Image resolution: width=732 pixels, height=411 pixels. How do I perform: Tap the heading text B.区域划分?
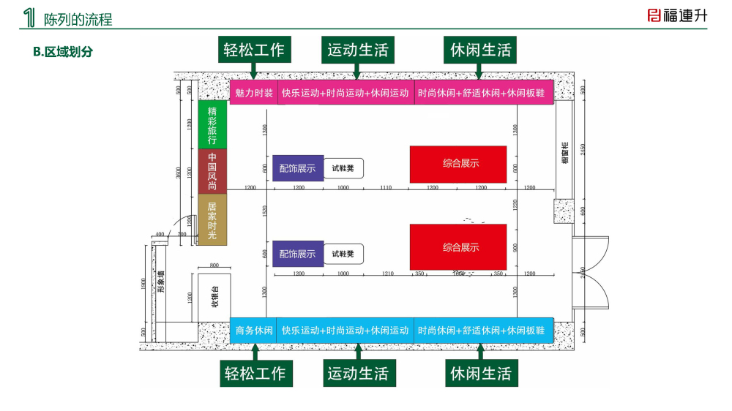click(x=63, y=52)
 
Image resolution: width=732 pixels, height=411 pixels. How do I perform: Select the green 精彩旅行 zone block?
click(x=212, y=125)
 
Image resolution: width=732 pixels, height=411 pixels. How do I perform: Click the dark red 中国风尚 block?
click(x=212, y=171)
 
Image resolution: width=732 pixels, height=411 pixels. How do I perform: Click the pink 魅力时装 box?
click(x=253, y=93)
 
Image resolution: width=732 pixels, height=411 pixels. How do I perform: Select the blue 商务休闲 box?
click(x=253, y=331)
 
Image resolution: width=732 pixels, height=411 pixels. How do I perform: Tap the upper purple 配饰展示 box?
click(x=298, y=168)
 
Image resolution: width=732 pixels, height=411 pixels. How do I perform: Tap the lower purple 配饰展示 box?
click(x=298, y=254)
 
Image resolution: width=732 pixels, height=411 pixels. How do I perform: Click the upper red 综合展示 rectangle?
click(x=458, y=164)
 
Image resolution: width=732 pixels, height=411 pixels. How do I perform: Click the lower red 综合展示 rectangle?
click(x=458, y=247)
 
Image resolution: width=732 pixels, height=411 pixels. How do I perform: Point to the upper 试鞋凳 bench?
click(x=343, y=168)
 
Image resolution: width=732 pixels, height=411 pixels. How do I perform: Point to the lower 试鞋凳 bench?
click(x=343, y=254)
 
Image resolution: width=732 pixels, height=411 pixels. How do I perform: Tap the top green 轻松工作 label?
click(x=255, y=50)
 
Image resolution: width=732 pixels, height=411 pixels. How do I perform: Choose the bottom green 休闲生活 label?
click(x=480, y=374)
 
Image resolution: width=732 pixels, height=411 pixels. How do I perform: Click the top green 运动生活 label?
click(x=357, y=50)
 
